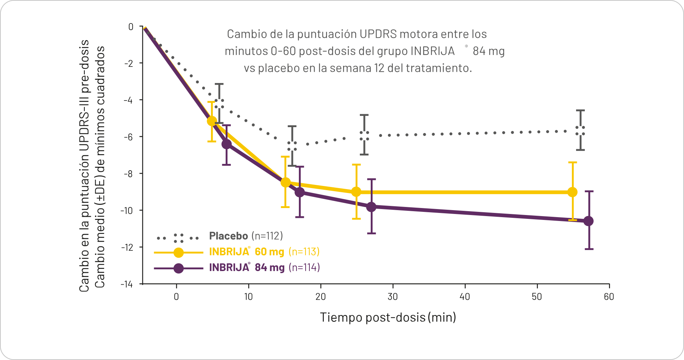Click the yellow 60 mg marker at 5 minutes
[x=212, y=121]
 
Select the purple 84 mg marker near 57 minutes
[x=589, y=221]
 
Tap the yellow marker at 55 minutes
[x=572, y=192]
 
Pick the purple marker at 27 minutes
[x=371, y=207]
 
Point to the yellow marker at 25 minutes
[x=356, y=192]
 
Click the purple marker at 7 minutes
[x=227, y=144]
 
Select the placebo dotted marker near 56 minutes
[x=580, y=131]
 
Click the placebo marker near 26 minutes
[x=364, y=136]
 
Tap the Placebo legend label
[x=228, y=236]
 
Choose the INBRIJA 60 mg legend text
[x=246, y=252]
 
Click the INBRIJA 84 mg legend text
[x=246, y=268]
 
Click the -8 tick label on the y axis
[x=128, y=174]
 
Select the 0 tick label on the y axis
[x=131, y=27]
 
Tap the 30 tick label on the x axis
[x=392, y=297]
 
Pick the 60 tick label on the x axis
[x=609, y=297]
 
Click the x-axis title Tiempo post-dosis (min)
[x=388, y=317]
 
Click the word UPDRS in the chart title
[x=378, y=34]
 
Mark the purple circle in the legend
[x=179, y=268]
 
